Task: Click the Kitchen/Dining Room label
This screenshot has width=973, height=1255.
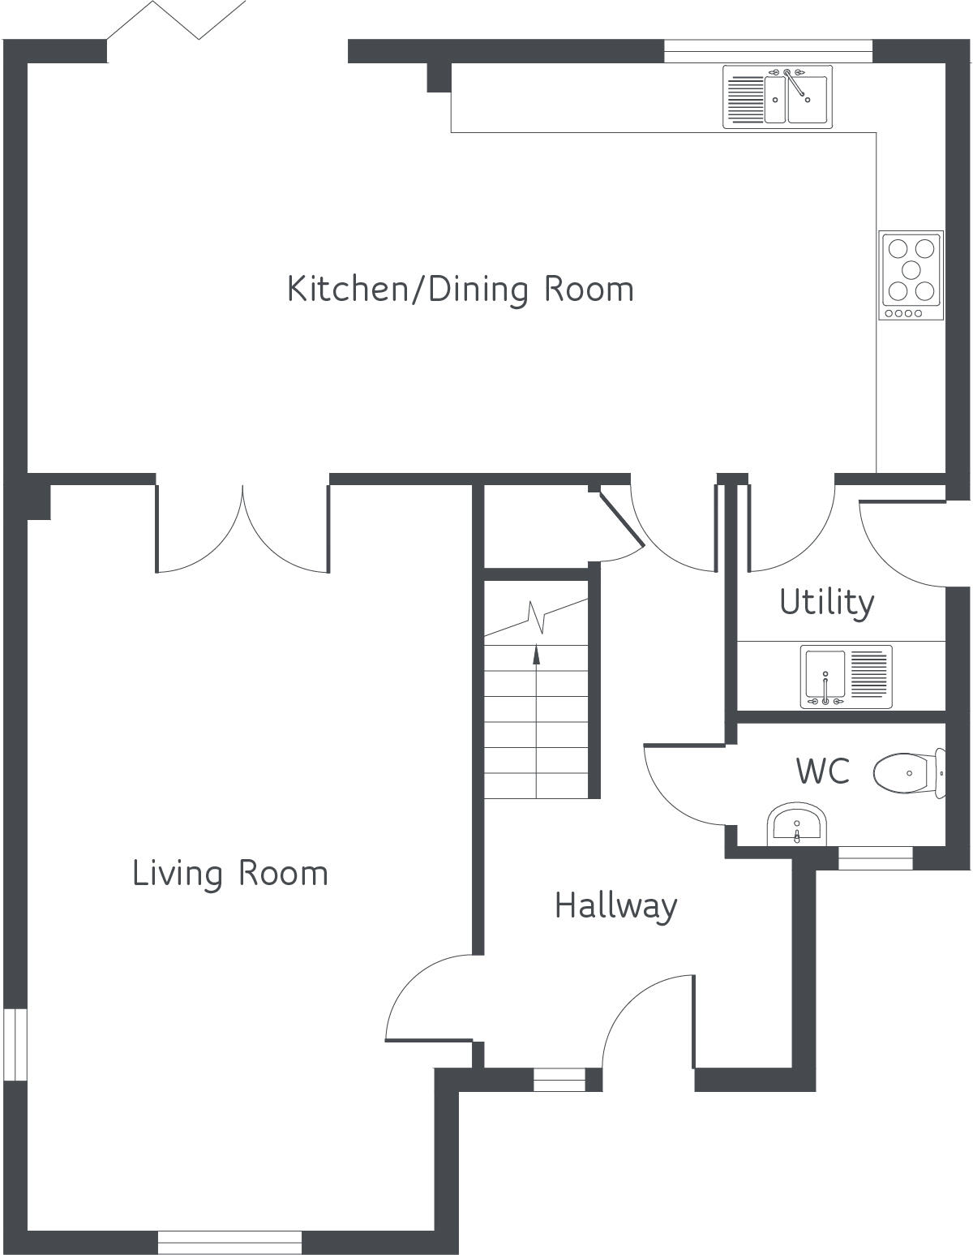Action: point(461,290)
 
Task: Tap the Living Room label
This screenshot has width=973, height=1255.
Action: point(230,874)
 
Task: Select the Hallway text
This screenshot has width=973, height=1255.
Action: point(615,905)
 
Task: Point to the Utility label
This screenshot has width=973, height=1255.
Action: point(826,603)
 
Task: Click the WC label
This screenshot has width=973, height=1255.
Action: point(822,771)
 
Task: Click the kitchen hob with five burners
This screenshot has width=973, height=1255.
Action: point(911,276)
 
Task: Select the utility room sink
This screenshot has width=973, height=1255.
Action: point(846,676)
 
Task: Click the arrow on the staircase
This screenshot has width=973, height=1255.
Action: point(536,653)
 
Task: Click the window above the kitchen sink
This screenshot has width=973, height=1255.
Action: point(768,51)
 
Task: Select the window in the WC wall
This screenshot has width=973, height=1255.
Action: point(875,857)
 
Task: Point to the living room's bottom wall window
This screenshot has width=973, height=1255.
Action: point(229,1242)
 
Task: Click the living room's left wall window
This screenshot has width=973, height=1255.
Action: point(15,1045)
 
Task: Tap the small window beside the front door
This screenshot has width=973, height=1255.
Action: point(559,1080)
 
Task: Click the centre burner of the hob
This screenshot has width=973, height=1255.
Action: point(911,269)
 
